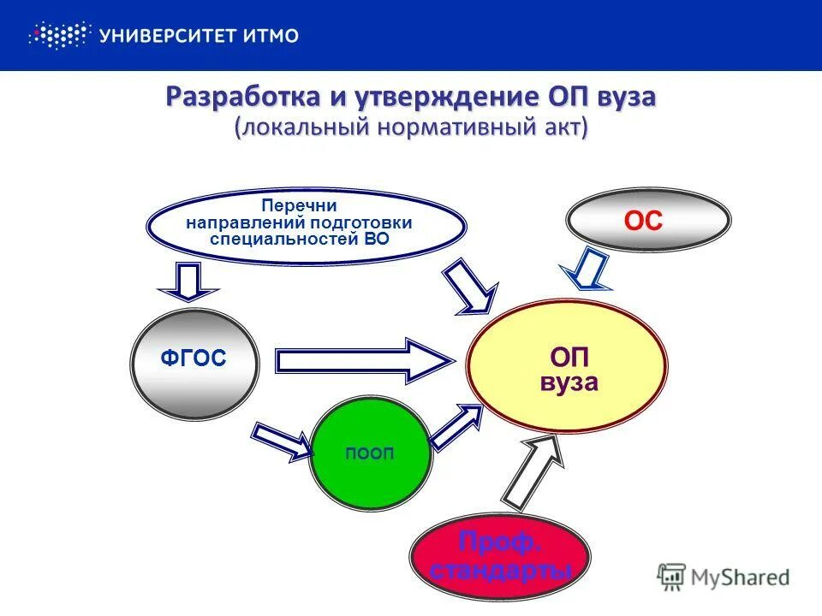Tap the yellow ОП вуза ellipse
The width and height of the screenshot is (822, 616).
pyautogui.click(x=567, y=366)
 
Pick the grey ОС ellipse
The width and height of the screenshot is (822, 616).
pyautogui.click(x=648, y=222)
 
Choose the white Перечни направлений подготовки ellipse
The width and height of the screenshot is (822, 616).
pyautogui.click(x=306, y=224)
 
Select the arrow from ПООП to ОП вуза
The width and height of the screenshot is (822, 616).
pyautogui.click(x=456, y=425)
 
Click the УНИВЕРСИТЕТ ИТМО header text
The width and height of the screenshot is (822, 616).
pyautogui.click(x=199, y=36)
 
